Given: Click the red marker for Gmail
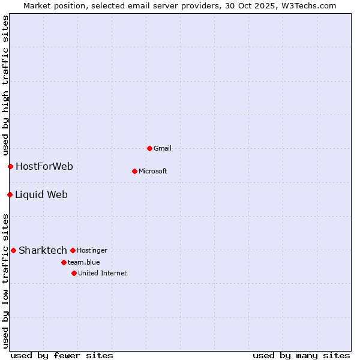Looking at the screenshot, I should (x=149, y=148).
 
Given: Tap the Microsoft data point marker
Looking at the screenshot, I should (x=134, y=171).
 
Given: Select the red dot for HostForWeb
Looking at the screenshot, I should (x=10, y=166).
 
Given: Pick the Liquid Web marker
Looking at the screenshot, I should (x=10, y=194).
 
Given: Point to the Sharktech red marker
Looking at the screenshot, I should (x=13, y=250).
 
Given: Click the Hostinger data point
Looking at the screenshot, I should (x=73, y=250).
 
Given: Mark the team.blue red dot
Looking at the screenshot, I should (x=64, y=262).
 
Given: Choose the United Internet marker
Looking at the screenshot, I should (x=74, y=273).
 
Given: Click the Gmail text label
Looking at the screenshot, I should (x=163, y=148).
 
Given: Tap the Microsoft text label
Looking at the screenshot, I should (x=153, y=171).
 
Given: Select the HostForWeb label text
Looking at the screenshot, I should (x=44, y=166).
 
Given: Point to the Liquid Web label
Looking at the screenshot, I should (x=41, y=194).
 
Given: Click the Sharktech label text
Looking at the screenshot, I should (x=43, y=250).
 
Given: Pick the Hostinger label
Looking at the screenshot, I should (x=92, y=250).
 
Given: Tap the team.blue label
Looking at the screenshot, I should (x=84, y=262).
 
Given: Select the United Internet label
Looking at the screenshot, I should (x=103, y=273).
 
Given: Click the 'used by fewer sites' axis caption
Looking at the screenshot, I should (x=62, y=355).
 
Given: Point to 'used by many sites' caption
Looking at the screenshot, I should (x=301, y=355).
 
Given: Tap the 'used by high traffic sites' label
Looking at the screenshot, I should (x=5, y=85).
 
